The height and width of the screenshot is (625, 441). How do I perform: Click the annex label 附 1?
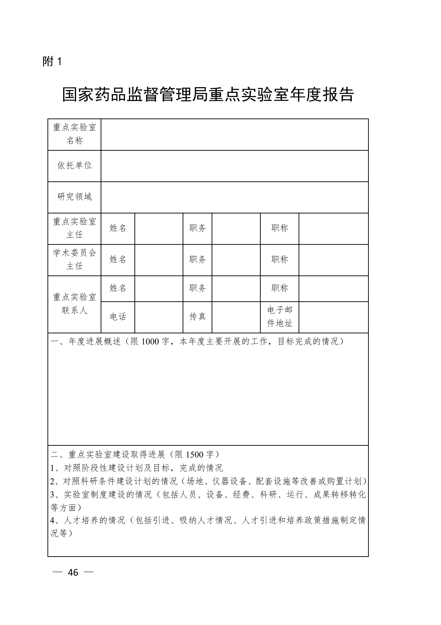tap(52, 61)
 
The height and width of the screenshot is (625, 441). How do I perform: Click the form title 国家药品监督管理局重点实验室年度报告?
tap(208, 95)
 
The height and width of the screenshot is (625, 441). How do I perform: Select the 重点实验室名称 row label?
tap(75, 134)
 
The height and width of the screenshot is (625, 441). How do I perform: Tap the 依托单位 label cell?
tap(75, 166)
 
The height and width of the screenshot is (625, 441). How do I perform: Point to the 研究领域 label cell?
tap(75, 197)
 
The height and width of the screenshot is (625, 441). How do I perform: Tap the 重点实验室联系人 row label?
tap(75, 304)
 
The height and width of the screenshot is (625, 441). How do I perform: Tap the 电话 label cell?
tap(118, 317)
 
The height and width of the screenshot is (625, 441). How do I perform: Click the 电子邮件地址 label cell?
tap(280, 317)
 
